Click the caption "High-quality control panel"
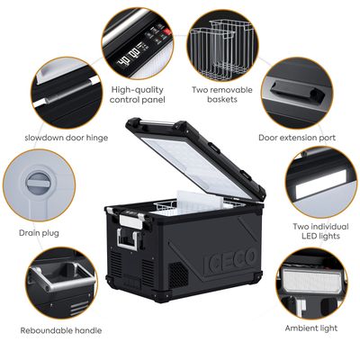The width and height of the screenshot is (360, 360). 137,95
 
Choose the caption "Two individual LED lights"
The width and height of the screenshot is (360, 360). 315,231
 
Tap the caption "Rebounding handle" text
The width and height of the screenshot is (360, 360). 60,330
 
